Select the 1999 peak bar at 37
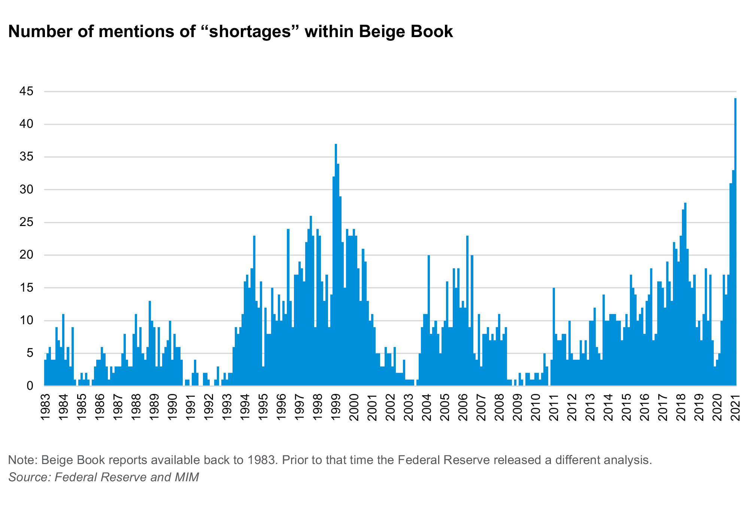(x=336, y=262)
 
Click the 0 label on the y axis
(x=30, y=386)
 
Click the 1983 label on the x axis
(x=45, y=407)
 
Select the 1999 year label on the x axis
(x=336, y=407)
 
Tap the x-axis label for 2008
(x=500, y=407)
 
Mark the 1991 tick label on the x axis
(x=190, y=407)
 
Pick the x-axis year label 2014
(x=609, y=407)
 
